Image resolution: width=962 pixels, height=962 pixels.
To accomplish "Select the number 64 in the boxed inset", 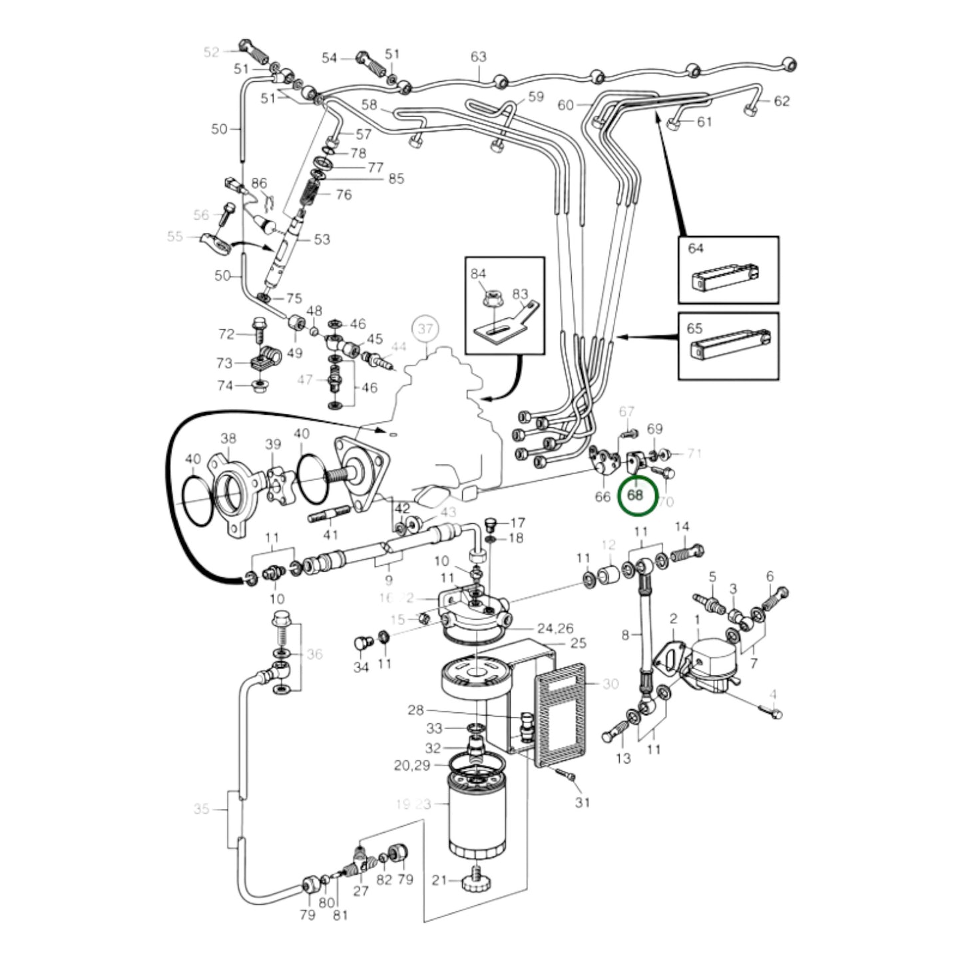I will pos(695,248).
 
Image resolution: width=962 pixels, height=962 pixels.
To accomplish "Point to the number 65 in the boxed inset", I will pos(694,328).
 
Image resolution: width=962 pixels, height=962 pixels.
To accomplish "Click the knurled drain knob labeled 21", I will pos(477,880).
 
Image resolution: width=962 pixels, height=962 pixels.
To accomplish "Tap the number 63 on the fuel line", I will pos(478,57).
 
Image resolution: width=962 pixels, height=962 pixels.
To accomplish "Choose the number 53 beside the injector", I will pos(322,239).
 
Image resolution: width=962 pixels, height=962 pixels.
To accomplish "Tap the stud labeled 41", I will pos(330,515).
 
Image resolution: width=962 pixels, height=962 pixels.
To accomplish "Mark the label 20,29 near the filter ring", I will pos(412,766).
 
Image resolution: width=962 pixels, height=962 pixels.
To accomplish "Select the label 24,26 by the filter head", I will pos(555,628).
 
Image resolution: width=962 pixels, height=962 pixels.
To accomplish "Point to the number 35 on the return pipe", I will pos(201,809).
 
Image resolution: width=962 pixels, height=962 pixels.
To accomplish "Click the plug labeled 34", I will pos(361,644).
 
